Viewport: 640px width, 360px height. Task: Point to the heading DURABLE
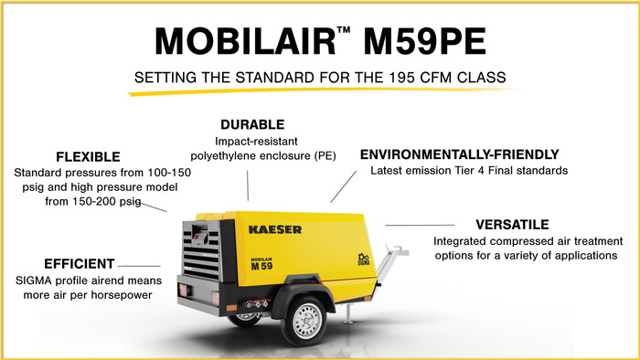point(252,124)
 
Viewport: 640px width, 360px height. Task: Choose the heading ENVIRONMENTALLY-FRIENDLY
point(458,154)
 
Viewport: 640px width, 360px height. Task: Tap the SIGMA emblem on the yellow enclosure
point(363,257)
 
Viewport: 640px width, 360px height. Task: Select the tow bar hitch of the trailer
point(396,249)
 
